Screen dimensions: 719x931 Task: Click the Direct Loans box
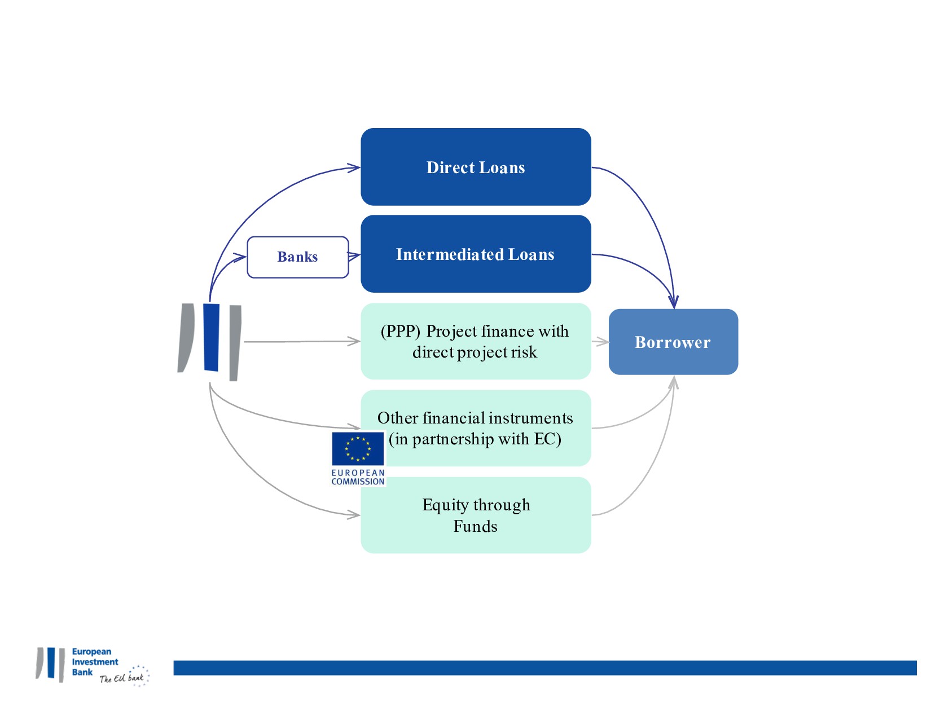(476, 167)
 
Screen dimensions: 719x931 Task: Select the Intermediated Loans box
(476, 254)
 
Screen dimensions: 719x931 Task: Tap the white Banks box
(298, 257)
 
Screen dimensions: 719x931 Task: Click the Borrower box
(673, 342)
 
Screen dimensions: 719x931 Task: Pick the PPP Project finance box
(476, 342)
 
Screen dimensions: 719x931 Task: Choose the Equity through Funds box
(476, 515)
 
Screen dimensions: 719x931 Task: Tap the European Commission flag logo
(358, 449)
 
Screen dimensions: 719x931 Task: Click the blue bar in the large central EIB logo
(211, 338)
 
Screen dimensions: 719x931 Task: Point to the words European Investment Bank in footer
(94, 662)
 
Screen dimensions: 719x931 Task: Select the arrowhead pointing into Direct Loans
(355, 167)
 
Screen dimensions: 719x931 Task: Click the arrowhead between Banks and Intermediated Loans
(355, 256)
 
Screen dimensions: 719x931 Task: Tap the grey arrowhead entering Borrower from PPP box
(604, 341)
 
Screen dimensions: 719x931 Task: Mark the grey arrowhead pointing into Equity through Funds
(355, 514)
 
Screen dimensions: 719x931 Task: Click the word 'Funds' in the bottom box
(476, 526)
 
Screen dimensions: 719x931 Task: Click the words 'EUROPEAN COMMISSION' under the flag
(358, 477)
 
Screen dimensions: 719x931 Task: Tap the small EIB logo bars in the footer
(51, 664)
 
